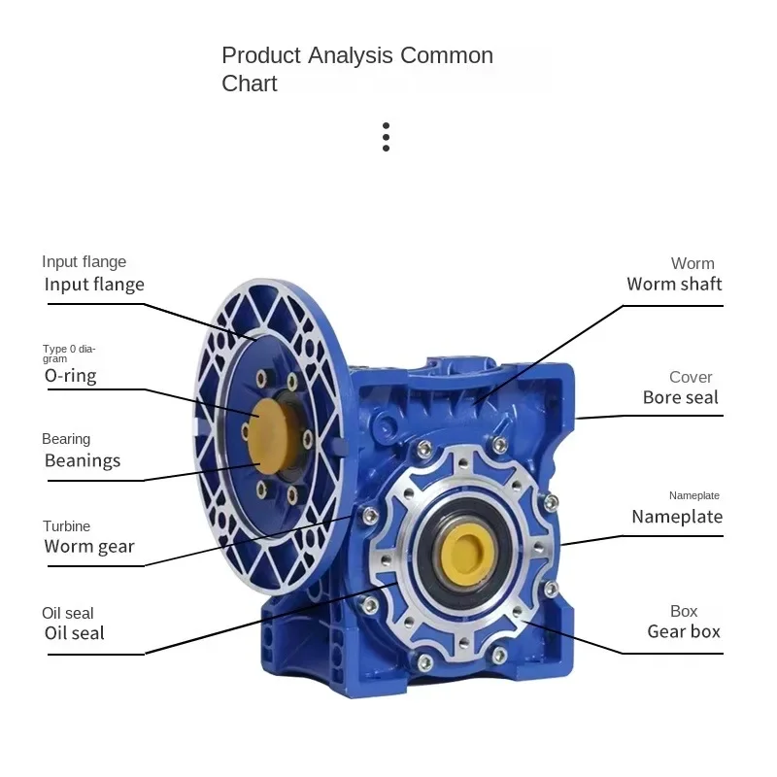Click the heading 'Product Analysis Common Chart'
(357, 69)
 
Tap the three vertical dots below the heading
(386, 137)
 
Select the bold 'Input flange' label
(94, 285)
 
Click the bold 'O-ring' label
(70, 375)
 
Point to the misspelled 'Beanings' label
(83, 460)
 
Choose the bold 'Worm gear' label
(89, 547)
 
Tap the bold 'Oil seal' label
(74, 633)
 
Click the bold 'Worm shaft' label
(674, 285)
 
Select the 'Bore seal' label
(680, 397)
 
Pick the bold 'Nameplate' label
(677, 517)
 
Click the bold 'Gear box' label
(684, 631)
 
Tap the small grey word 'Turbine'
(66, 526)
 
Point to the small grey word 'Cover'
(691, 377)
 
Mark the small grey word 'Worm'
(693, 263)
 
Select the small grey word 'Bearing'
(66, 439)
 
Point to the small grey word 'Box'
(684, 611)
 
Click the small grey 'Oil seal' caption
(68, 613)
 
